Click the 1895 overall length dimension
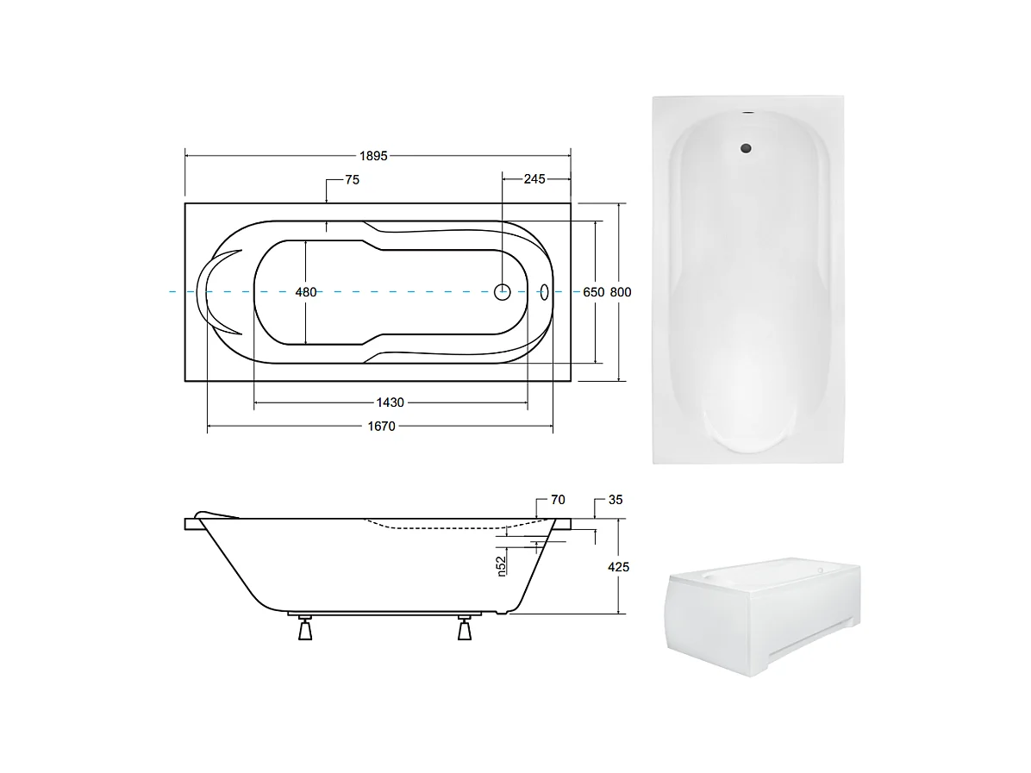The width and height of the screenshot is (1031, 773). click(x=374, y=156)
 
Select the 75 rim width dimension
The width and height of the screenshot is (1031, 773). click(x=351, y=180)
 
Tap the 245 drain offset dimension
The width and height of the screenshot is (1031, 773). click(x=534, y=179)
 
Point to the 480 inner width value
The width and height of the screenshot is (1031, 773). click(x=306, y=292)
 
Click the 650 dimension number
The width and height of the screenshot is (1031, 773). click(x=593, y=292)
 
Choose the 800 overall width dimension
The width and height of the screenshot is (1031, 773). click(x=621, y=292)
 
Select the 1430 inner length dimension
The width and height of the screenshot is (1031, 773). click(x=390, y=402)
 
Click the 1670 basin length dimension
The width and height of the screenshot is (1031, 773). click(x=380, y=426)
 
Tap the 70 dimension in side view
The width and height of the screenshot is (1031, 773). click(x=557, y=499)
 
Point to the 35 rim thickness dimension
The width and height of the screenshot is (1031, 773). click(x=615, y=499)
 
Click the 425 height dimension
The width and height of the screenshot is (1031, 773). click(x=618, y=567)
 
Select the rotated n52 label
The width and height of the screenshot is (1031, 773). click(x=501, y=565)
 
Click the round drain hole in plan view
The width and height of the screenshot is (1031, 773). click(x=503, y=291)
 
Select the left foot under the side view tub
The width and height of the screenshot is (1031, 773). click(x=303, y=631)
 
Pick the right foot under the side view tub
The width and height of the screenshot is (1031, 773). click(x=465, y=631)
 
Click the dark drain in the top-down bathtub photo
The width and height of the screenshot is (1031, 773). click(x=747, y=148)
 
